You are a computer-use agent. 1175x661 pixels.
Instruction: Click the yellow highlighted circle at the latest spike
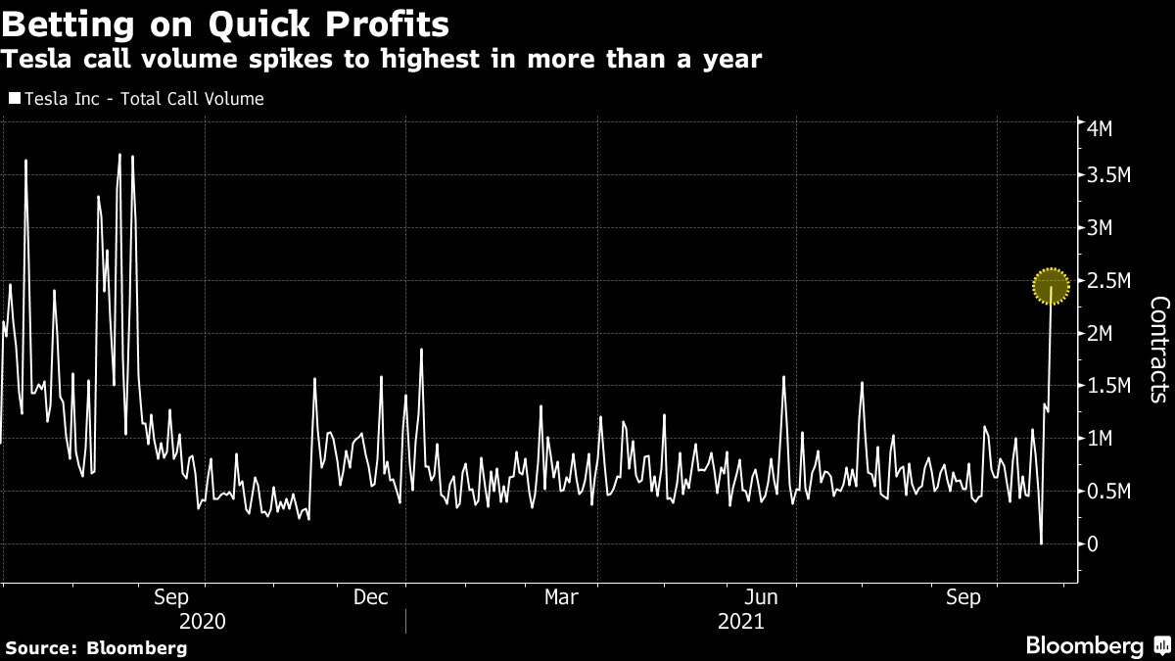coord(1051,286)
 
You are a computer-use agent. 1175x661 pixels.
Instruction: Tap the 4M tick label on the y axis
coord(1100,128)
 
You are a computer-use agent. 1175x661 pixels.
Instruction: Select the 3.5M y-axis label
coord(1108,175)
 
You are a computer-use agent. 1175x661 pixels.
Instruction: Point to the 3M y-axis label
coord(1100,227)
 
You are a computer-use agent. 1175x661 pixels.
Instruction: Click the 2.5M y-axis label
coord(1108,281)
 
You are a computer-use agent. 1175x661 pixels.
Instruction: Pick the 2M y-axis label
coord(1100,333)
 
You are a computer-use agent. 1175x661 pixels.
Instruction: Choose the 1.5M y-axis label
coord(1108,386)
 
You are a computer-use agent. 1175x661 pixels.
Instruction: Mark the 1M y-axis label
coord(1100,439)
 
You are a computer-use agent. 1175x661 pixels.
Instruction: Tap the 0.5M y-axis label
coord(1108,492)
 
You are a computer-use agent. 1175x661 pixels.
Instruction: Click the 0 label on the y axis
coord(1093,544)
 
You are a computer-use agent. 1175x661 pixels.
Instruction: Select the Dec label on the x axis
coord(370,597)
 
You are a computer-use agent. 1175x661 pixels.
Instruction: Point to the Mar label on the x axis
coord(561,597)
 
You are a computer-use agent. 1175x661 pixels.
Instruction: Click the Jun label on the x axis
coord(761,597)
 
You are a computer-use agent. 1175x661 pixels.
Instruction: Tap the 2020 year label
coord(203,622)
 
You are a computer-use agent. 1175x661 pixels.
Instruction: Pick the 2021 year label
coord(740,622)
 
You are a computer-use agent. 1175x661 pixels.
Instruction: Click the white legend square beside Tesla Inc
coord(15,98)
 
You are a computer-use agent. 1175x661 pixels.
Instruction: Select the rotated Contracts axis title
coord(1159,350)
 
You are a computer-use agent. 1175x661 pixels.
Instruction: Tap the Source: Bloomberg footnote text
coord(96,648)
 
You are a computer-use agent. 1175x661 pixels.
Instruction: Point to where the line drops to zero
coord(1041,543)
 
